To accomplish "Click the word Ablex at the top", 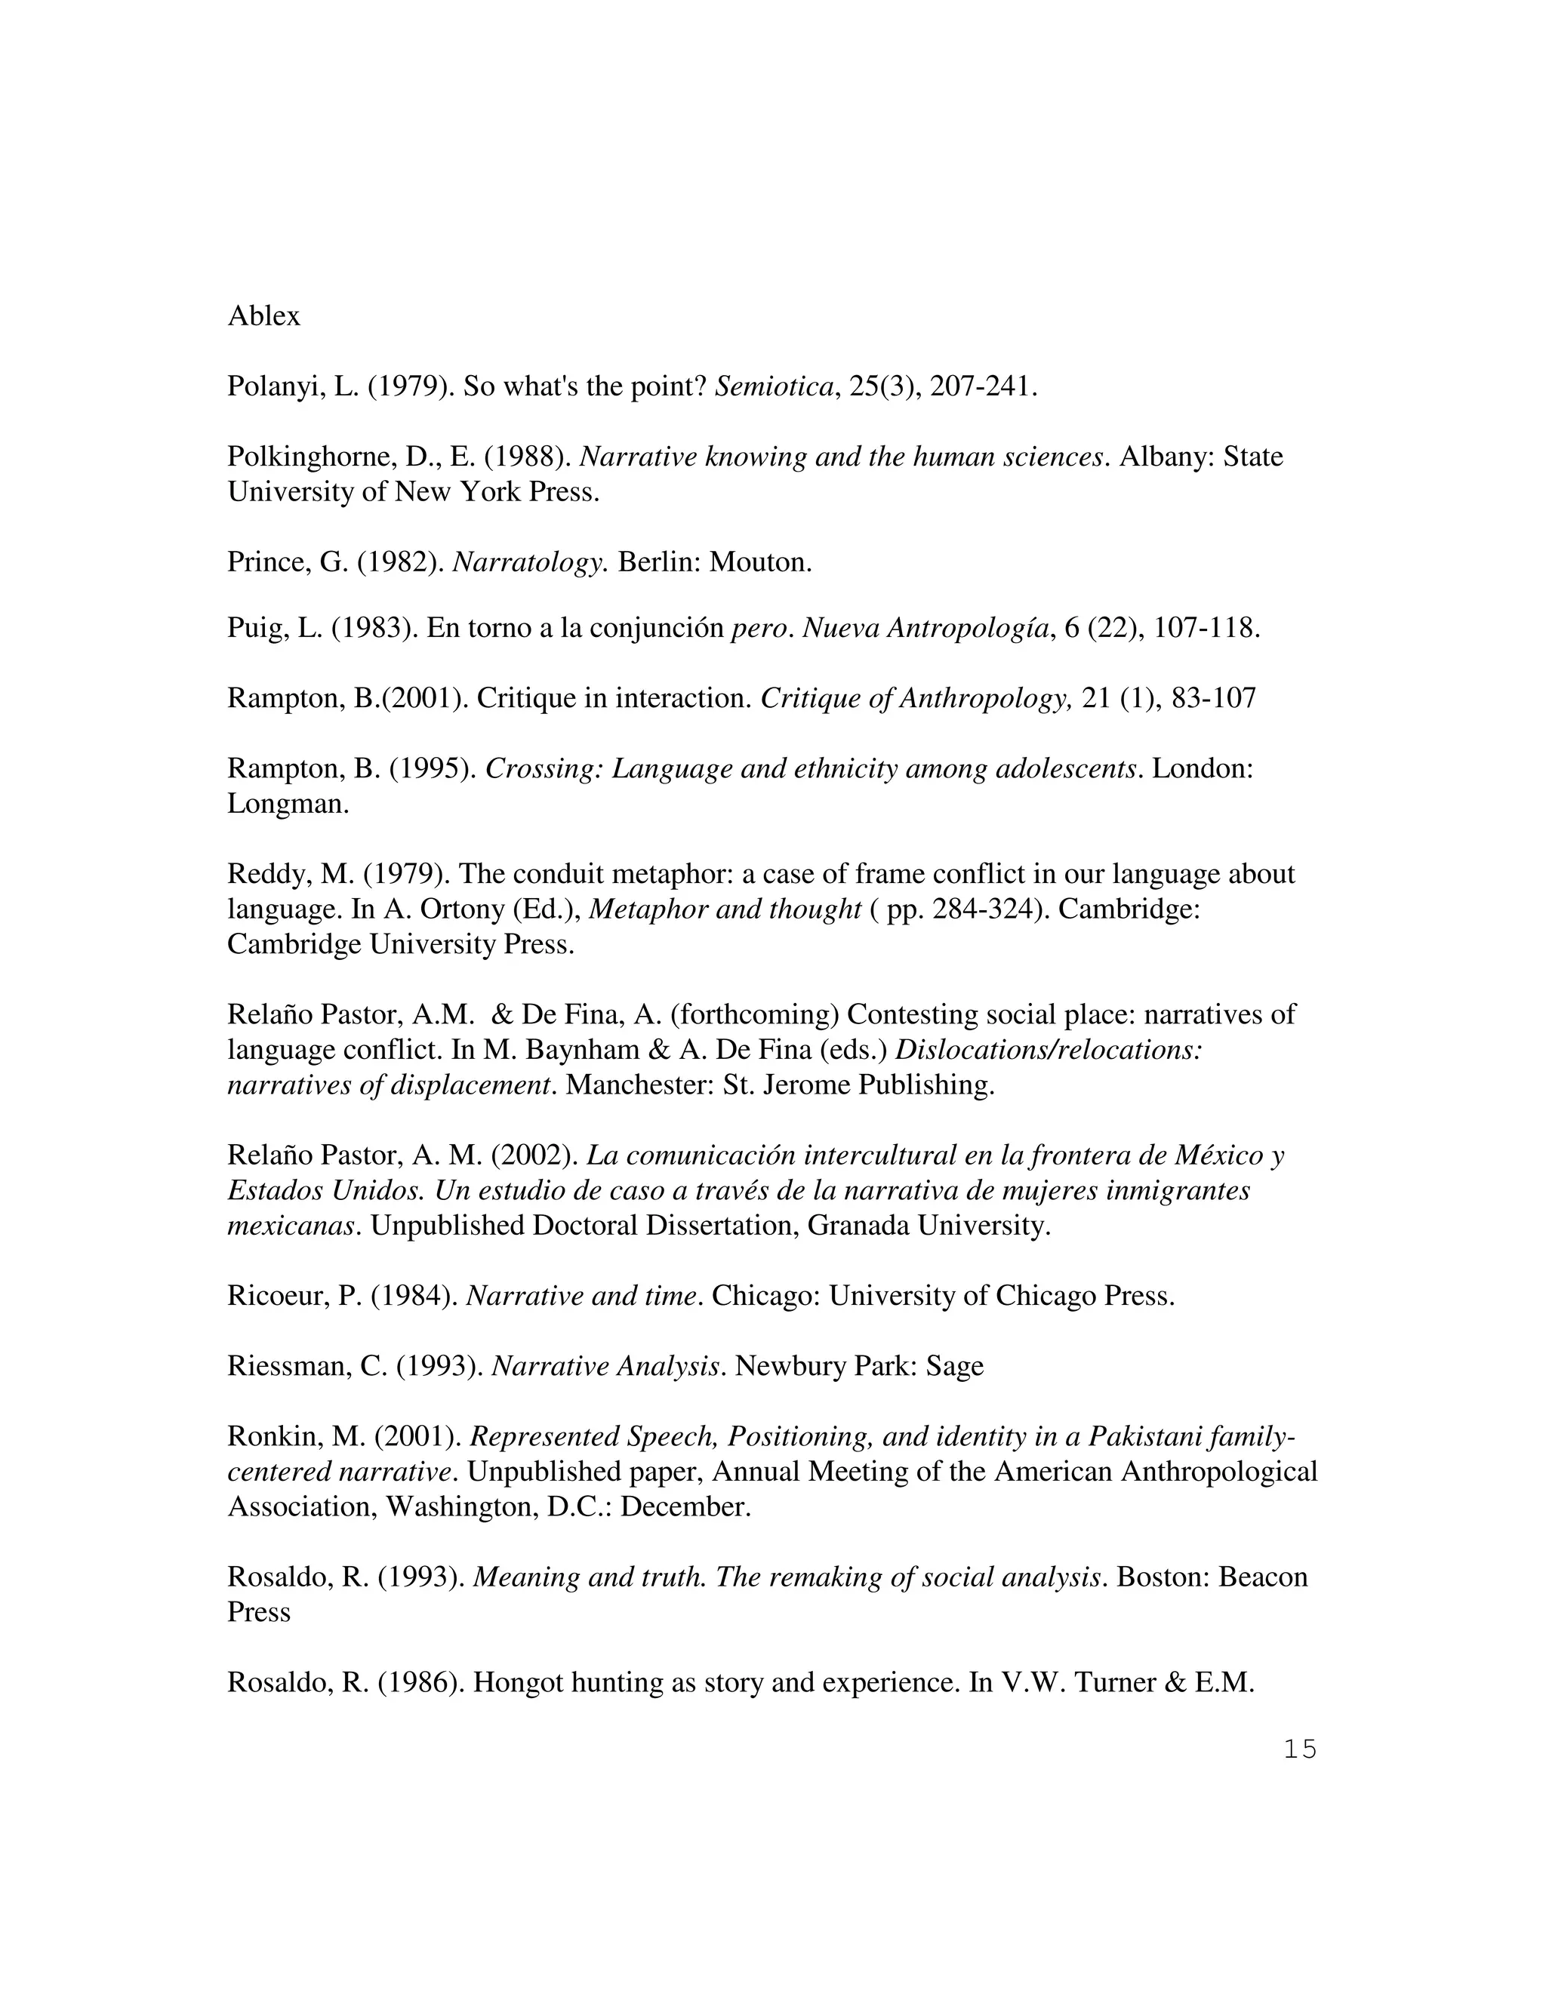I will click(263, 316).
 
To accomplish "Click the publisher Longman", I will click(287, 805).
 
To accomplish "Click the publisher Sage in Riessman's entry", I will click(954, 1366).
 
